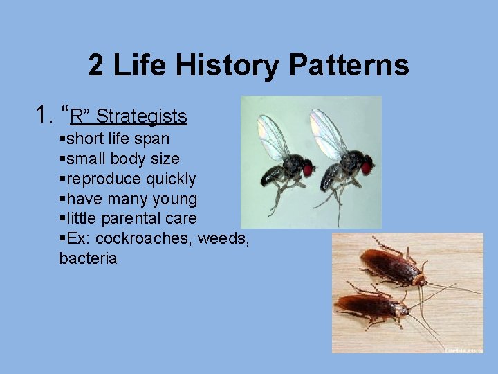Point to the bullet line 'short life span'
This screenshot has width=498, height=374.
coord(114,139)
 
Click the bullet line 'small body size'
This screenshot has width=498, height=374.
coord(119,159)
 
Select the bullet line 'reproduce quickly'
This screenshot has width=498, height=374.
coord(128,179)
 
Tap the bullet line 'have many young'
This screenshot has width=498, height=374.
coord(128,199)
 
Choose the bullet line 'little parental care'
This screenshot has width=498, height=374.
coord(128,219)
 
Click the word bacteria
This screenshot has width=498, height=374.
coord(88,259)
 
